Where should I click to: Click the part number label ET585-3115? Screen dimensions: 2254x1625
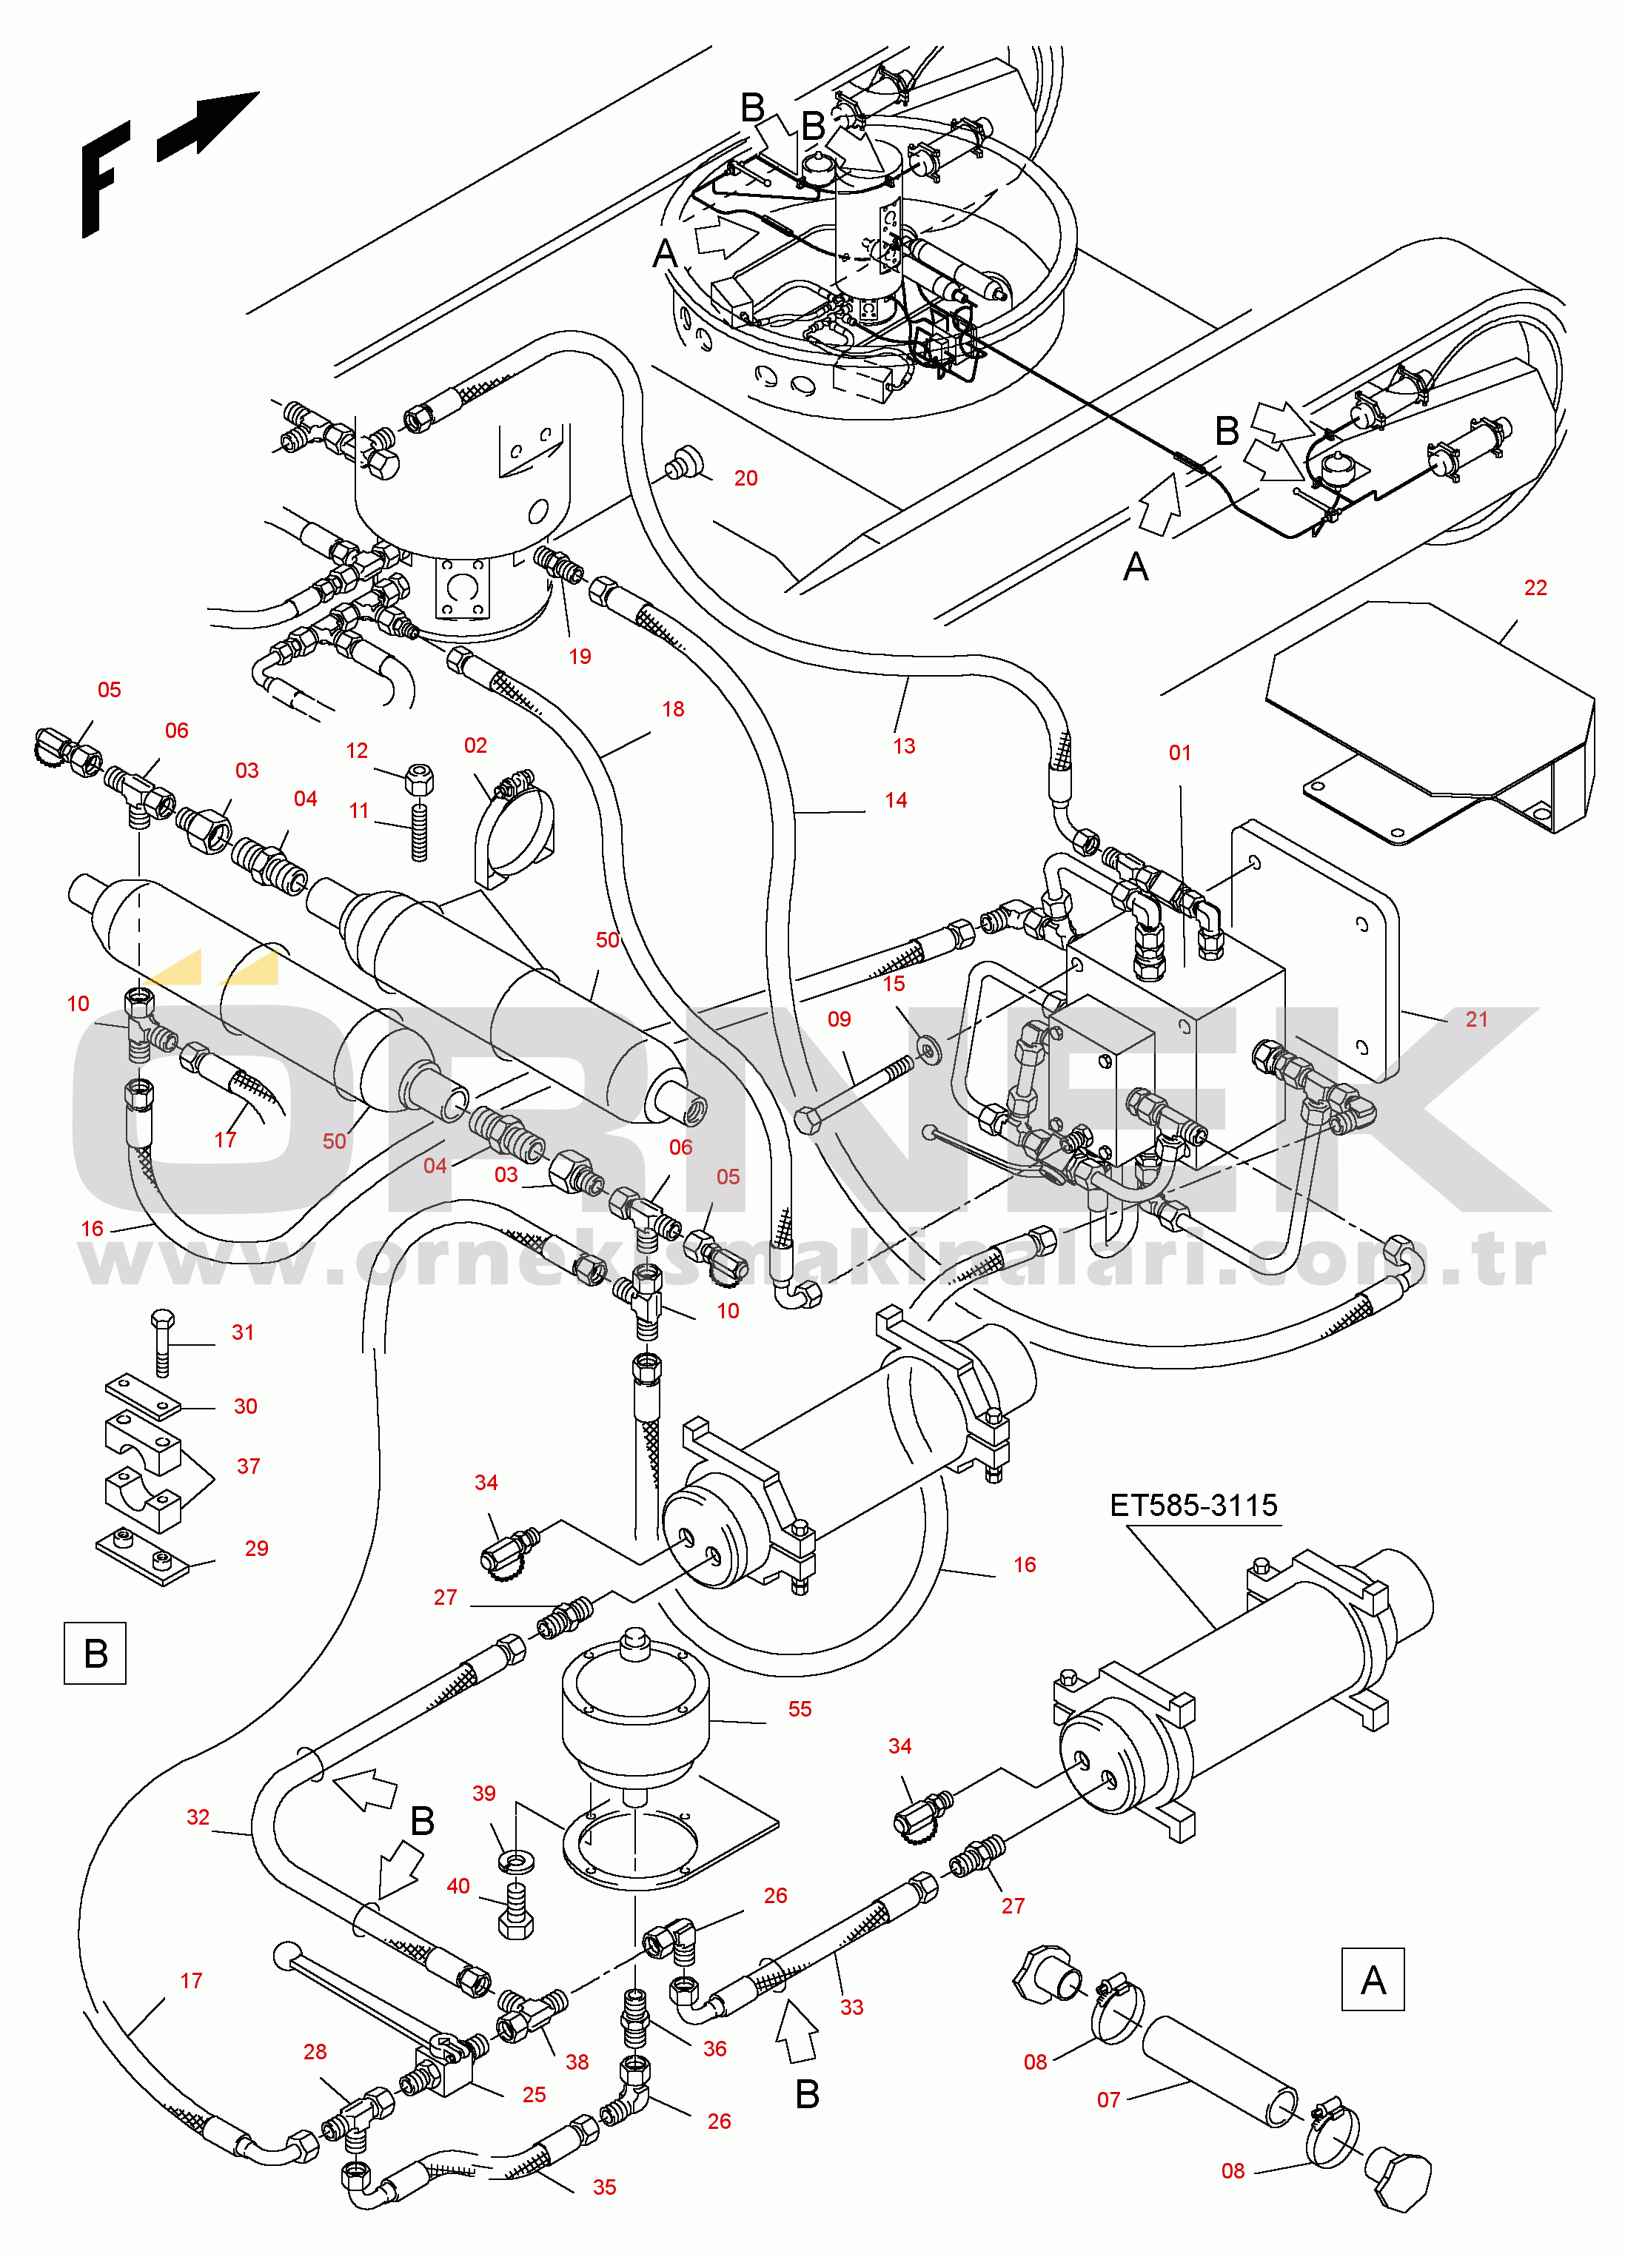pos(1193,1506)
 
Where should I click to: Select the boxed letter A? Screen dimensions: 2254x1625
pos(1373,1979)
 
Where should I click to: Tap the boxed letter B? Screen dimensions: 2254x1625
pos(96,1654)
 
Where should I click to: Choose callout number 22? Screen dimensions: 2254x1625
pos(1535,587)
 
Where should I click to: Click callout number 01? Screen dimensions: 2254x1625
pos(1180,752)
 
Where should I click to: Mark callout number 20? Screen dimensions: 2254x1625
pos(746,478)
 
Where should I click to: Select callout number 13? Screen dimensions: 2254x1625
pos(903,745)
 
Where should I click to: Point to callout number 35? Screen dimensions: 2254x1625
pos(604,2187)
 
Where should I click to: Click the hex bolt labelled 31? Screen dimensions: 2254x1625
pos(163,1341)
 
